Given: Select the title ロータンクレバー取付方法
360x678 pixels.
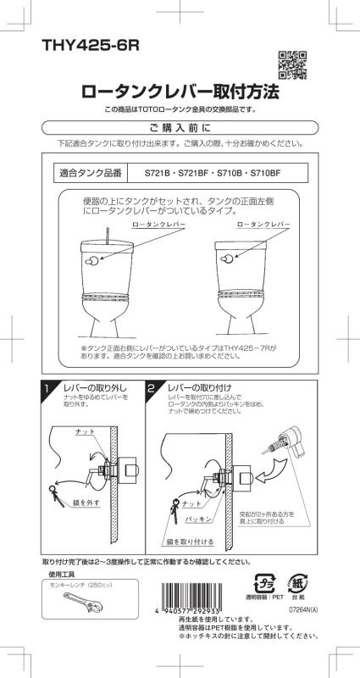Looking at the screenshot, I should coord(180,92).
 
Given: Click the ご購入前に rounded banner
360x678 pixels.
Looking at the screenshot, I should coord(180,128).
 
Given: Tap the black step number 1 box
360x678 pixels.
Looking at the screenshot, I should coord(50,388).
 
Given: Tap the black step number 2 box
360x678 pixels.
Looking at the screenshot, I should coord(151,388).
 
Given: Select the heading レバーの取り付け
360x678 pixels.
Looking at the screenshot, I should coord(198,386).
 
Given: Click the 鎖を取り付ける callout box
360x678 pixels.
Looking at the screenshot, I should coord(186,540).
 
